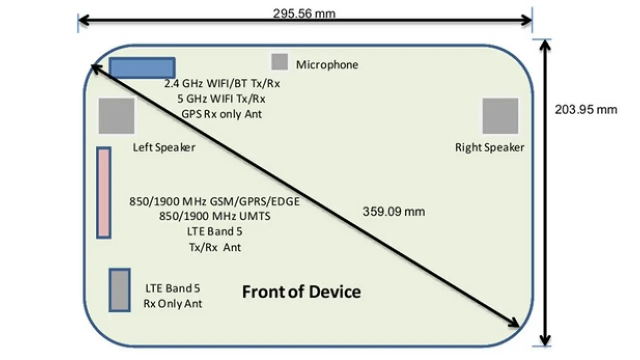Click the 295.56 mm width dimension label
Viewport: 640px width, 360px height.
[x=304, y=13]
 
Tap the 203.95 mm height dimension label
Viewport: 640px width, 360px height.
[x=586, y=109]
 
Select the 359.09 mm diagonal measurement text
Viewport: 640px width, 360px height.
[x=393, y=211]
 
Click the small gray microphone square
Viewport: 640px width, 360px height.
[x=279, y=61]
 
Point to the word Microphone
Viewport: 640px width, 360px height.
[x=327, y=64]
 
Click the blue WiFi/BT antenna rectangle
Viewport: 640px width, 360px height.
[x=142, y=68]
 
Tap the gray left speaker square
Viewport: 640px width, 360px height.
[x=116, y=116]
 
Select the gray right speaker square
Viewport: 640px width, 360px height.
[x=500, y=116]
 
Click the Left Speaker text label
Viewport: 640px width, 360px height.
[x=164, y=147]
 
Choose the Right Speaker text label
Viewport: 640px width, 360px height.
[x=489, y=147]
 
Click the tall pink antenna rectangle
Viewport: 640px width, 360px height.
[x=103, y=192]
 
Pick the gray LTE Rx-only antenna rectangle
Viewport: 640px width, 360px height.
[x=119, y=290]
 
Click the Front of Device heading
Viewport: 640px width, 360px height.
[x=301, y=291]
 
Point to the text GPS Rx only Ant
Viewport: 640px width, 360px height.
[x=222, y=114]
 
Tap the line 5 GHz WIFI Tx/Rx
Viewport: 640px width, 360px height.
[x=221, y=98]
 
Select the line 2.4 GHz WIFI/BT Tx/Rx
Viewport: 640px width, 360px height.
[x=222, y=83]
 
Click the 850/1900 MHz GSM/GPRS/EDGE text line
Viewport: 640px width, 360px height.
[x=214, y=201]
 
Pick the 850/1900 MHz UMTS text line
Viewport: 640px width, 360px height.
[x=214, y=216]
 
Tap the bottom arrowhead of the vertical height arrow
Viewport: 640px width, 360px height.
[x=545, y=340]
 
